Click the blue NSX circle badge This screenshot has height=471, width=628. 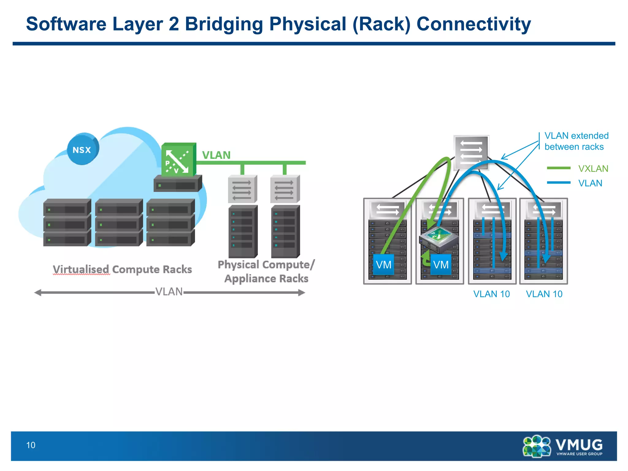[82, 149]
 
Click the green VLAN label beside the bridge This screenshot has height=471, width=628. [216, 155]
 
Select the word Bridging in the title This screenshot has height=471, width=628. [224, 25]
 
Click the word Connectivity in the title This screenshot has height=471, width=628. [473, 25]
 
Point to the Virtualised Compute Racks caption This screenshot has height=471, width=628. [122, 269]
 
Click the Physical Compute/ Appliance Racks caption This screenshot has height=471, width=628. [266, 271]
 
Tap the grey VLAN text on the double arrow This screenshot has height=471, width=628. [169, 292]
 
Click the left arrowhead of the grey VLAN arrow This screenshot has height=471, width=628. [38, 293]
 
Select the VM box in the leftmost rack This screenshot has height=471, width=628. [383, 264]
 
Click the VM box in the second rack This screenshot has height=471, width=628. [441, 264]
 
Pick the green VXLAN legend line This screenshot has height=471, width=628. [558, 168]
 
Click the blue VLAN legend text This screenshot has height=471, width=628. [590, 183]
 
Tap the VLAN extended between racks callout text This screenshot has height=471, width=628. [576, 141]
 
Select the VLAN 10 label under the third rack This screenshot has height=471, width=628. [491, 294]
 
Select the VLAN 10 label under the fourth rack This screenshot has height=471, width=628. [544, 294]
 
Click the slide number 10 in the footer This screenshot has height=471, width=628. [31, 445]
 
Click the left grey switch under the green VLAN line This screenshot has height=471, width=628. [242, 189]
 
